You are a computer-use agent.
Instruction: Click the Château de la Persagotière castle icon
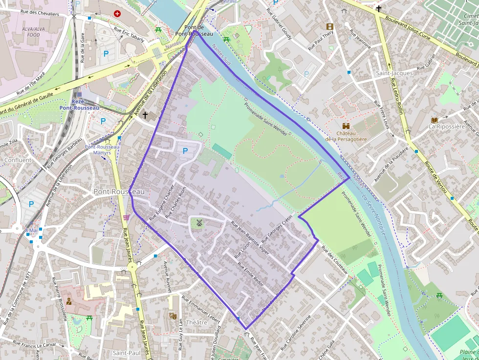pos(347,126)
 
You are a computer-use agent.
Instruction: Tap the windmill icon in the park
pos(199,223)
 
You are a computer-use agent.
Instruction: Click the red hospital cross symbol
pos(117,14)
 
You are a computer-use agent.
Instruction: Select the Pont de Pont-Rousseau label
pos(195,31)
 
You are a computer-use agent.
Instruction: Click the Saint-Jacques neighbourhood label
pos(394,73)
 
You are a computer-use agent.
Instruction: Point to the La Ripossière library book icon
pos(434,120)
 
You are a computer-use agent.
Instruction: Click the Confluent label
pos(18,160)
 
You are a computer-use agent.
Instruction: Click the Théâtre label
pos(196,322)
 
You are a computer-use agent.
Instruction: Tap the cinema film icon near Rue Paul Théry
pos(330,26)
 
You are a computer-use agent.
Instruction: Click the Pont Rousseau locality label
pos(115,192)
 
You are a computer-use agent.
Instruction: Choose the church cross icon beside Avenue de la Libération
pos(145,115)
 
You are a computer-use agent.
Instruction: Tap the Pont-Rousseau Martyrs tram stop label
pos(102,149)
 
